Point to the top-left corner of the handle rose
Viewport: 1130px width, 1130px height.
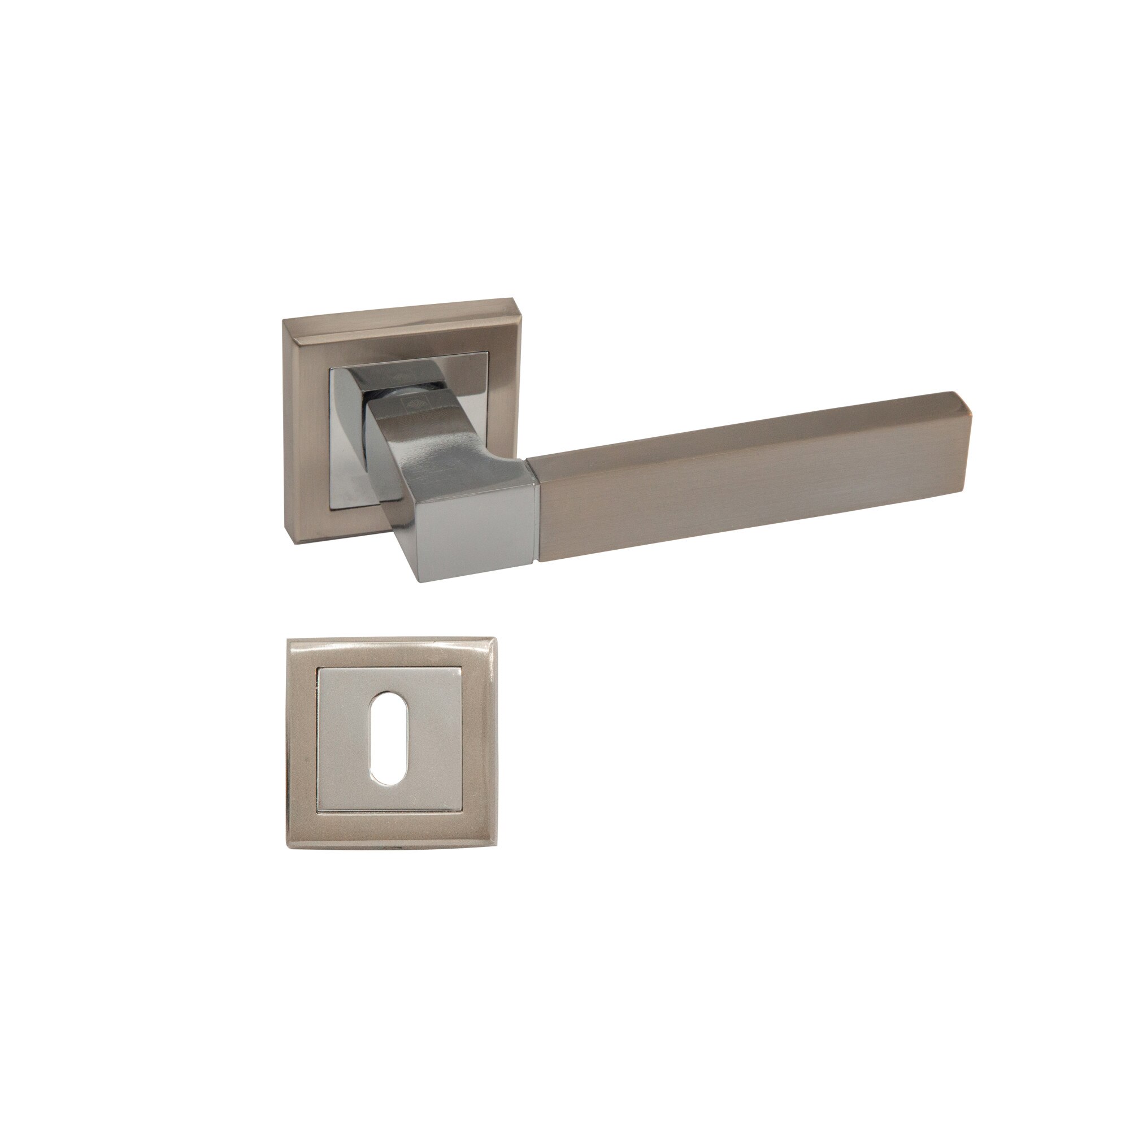pos(284,320)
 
